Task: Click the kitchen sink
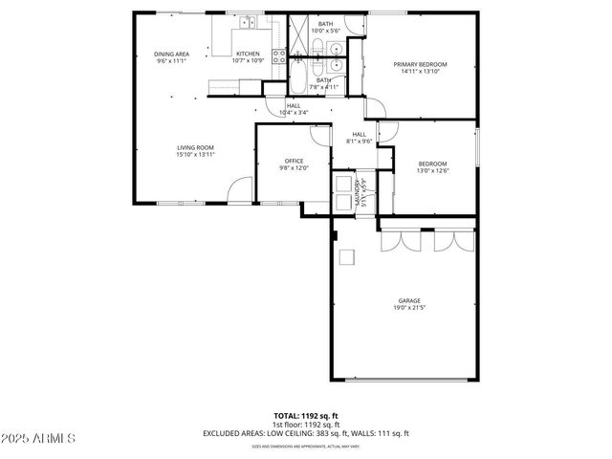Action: (x=248, y=24)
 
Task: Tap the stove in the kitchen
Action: (x=278, y=55)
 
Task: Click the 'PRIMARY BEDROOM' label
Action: (x=421, y=64)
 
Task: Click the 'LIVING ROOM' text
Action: (x=194, y=147)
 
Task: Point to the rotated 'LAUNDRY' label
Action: (x=357, y=189)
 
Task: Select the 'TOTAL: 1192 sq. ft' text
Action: (x=305, y=416)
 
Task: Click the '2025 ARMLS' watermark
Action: (x=39, y=438)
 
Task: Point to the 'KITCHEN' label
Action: (x=248, y=54)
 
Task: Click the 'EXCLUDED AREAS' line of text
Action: (x=305, y=433)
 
